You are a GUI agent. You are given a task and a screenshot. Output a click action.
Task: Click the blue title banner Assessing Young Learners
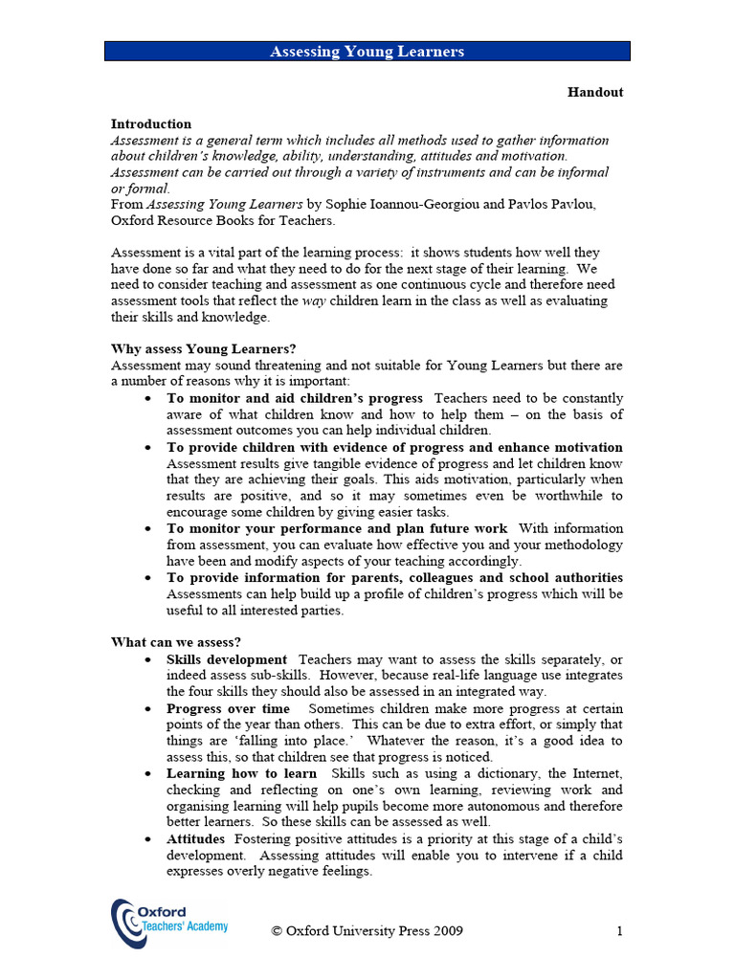click(367, 52)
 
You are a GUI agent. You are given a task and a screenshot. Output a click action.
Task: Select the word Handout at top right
click(594, 93)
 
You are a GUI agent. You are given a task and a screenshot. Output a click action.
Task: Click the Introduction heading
click(151, 124)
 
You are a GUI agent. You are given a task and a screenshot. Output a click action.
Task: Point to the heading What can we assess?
click(176, 642)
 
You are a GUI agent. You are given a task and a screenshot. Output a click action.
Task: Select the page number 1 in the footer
click(619, 931)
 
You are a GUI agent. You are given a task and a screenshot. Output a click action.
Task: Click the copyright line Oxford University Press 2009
click(367, 931)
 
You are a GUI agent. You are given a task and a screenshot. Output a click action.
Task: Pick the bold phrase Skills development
click(227, 659)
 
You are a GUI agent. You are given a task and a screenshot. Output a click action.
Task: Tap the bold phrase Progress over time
click(228, 709)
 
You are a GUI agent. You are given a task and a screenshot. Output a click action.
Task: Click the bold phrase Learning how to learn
click(242, 773)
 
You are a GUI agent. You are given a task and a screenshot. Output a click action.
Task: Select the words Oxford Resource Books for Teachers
click(223, 220)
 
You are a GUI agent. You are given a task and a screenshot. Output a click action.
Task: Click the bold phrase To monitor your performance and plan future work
click(338, 528)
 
